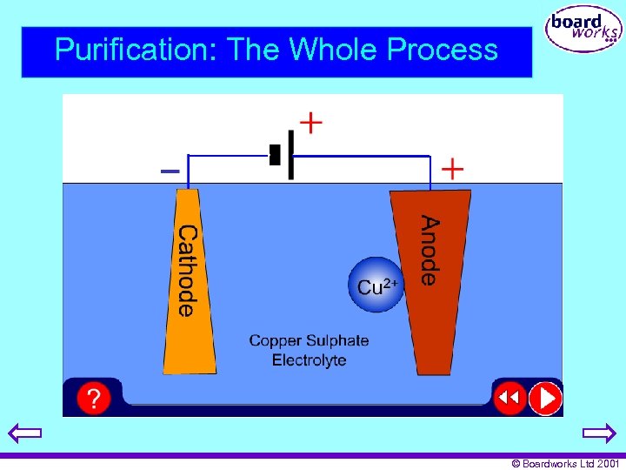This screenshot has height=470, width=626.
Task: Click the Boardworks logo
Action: pyautogui.click(x=583, y=30)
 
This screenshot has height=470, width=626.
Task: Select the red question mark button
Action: pyautogui.click(x=93, y=399)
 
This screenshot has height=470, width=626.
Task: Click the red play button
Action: pyautogui.click(x=546, y=399)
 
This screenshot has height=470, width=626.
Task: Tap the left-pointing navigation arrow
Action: pyautogui.click(x=25, y=433)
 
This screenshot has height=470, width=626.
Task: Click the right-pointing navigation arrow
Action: pyautogui.click(x=599, y=433)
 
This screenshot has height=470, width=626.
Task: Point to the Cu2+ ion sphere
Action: pyautogui.click(x=376, y=285)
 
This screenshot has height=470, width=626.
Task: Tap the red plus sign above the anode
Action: pyautogui.click(x=453, y=168)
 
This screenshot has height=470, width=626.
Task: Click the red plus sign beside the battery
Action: pyautogui.click(x=310, y=121)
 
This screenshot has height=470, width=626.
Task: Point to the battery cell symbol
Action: pyautogui.click(x=283, y=156)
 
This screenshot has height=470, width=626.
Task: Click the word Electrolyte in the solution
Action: pyautogui.click(x=309, y=360)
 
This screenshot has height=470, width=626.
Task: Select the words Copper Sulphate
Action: pyautogui.click(x=309, y=340)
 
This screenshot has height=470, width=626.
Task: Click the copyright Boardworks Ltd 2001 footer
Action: pyautogui.click(x=566, y=464)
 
